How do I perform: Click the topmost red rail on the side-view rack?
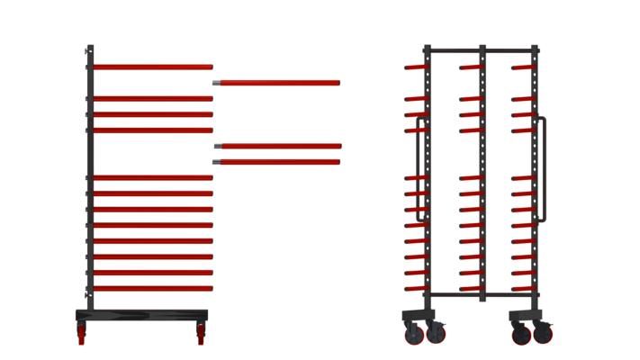click(x=153, y=67)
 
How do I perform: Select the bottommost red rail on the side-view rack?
click(x=153, y=289)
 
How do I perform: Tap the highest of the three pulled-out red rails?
click(x=279, y=83)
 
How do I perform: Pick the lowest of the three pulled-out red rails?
click(x=279, y=162)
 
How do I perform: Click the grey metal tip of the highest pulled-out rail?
click(x=216, y=83)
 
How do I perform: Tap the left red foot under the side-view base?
click(x=81, y=335)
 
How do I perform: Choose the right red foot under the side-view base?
click(x=201, y=335)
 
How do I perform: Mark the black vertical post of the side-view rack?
click(x=89, y=180)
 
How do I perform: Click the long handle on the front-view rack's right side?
click(x=543, y=169)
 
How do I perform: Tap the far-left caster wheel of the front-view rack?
click(x=414, y=335)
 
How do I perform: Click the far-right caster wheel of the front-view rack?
click(x=544, y=335)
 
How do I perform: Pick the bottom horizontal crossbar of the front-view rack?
click(x=482, y=295)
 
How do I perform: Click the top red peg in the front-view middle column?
click(x=471, y=67)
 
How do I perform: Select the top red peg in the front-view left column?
click(x=416, y=67)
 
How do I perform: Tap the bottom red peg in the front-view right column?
click(x=523, y=289)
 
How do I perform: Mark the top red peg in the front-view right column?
click(x=523, y=67)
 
